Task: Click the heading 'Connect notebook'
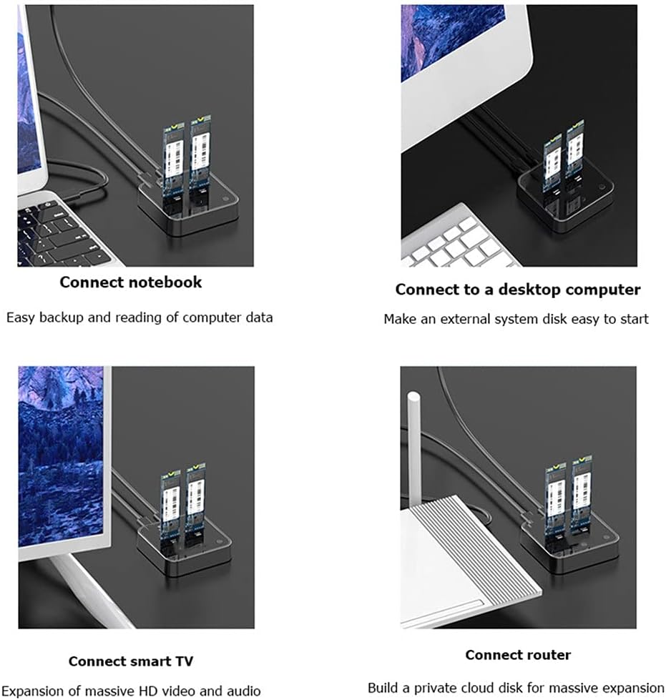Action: click(131, 282)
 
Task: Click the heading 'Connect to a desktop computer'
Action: click(517, 290)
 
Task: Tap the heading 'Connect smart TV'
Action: click(131, 661)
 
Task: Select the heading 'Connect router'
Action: click(518, 655)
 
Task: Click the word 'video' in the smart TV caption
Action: click(184, 691)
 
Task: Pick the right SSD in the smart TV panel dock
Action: click(195, 501)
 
